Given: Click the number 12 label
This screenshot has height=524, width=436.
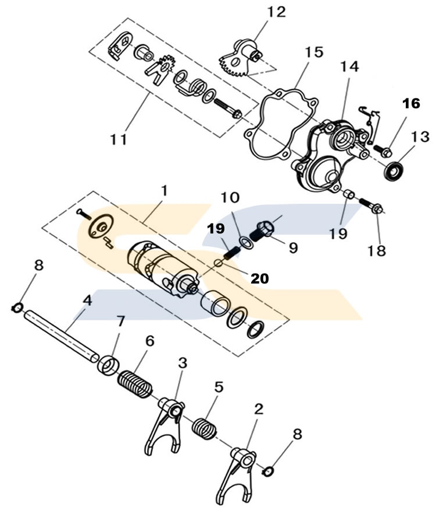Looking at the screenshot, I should (x=277, y=12).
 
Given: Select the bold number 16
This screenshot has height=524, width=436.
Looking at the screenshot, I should (x=410, y=104).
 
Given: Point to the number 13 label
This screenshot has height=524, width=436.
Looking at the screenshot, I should (x=420, y=137).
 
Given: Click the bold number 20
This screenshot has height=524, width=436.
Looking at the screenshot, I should (x=260, y=279).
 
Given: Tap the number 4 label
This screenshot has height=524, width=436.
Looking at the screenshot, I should (x=87, y=301).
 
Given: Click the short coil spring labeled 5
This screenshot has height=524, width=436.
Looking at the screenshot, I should (x=205, y=427).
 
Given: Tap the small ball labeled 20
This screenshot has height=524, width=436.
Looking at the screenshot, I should (x=217, y=263).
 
